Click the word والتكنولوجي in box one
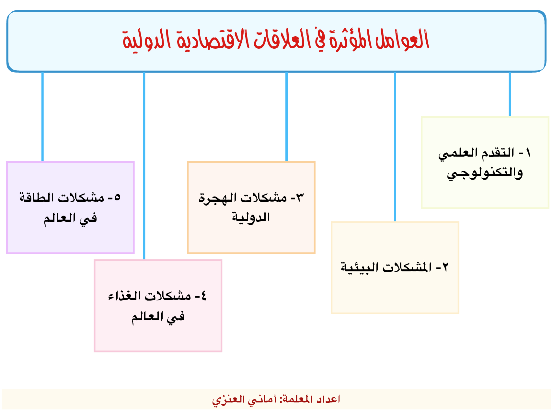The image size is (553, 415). (x=485, y=173)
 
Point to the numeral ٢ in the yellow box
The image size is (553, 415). (x=445, y=267)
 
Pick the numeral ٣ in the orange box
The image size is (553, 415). (x=300, y=197)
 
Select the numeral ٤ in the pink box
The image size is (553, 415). (x=203, y=296)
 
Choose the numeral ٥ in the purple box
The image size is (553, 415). (x=117, y=197)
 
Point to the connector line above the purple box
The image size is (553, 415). (x=42, y=117)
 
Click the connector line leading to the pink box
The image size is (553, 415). (x=144, y=166)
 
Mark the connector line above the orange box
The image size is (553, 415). (x=286, y=117)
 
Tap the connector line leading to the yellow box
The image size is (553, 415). (x=395, y=147)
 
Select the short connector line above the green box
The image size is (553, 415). (x=510, y=94)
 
